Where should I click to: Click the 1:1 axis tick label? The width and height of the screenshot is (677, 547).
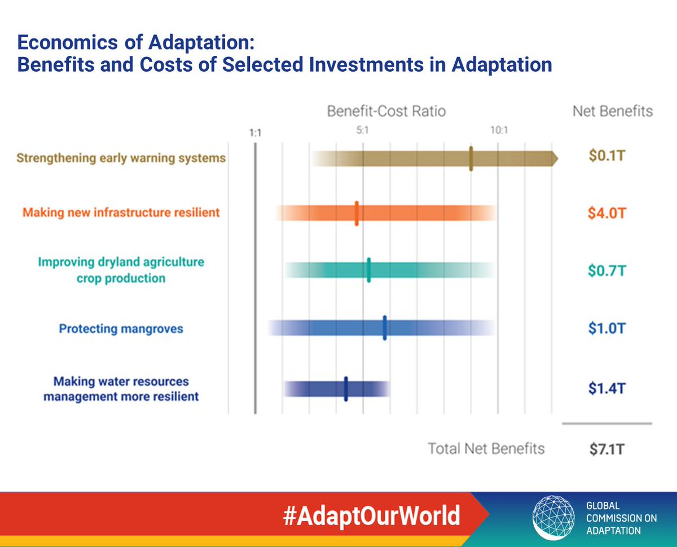[x=255, y=133]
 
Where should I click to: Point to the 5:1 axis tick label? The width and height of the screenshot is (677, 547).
[x=363, y=130]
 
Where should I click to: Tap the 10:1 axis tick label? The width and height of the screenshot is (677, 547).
[x=499, y=130]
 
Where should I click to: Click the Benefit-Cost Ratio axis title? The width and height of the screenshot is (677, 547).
[x=386, y=111]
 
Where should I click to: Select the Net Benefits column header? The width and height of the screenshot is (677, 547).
[x=612, y=111]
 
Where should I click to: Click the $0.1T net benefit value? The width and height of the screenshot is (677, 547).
[x=606, y=156]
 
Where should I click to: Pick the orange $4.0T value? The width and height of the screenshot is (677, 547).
[x=607, y=213]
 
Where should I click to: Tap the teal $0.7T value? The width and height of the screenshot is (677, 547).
[x=606, y=270]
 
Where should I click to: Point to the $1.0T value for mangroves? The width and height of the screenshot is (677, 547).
[x=606, y=329]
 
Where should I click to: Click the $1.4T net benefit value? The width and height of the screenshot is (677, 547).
[x=606, y=388]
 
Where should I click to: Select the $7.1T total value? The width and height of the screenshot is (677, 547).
[x=606, y=449]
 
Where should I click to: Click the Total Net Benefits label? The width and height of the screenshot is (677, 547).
[x=486, y=449]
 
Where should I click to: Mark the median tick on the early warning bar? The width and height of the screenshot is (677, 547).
[x=471, y=159]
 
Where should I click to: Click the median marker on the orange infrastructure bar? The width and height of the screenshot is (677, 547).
[x=357, y=213]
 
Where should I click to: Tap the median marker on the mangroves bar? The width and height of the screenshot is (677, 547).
[x=385, y=328]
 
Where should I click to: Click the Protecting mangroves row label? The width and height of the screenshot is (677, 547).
[x=121, y=329]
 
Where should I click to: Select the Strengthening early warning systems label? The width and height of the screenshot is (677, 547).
[x=121, y=158]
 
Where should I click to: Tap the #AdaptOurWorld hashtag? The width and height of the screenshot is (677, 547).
[x=371, y=516]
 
